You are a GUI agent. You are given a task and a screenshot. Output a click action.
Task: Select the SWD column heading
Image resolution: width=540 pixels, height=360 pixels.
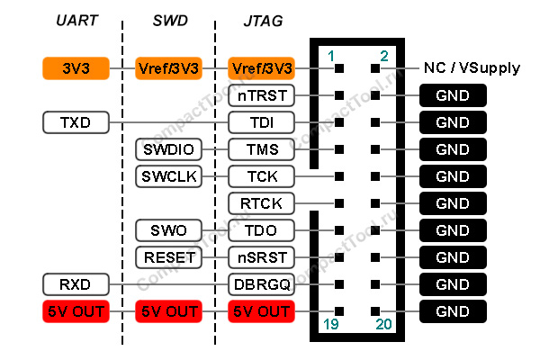(x=169, y=20)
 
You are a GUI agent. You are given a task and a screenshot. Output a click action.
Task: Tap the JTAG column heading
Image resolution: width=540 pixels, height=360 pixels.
(x=261, y=20)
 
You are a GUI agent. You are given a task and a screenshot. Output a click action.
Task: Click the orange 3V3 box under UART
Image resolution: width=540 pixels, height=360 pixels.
(x=75, y=67)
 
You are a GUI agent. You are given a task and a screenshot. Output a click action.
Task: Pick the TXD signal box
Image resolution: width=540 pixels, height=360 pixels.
(x=75, y=121)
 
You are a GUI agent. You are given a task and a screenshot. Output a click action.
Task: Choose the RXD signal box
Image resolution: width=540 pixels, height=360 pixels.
(x=75, y=285)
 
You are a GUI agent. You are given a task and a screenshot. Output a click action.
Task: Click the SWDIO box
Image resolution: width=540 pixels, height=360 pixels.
(x=169, y=148)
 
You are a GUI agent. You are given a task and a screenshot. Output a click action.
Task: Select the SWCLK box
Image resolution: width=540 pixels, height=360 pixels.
(x=169, y=176)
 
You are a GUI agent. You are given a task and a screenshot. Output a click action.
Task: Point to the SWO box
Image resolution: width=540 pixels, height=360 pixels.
(x=169, y=230)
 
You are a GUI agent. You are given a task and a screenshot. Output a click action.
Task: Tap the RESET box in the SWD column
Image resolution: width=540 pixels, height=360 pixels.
(x=169, y=258)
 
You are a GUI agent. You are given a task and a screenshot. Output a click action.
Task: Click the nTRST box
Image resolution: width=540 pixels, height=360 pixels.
(x=261, y=94)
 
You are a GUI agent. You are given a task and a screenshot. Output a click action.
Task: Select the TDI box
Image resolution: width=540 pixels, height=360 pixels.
(x=261, y=121)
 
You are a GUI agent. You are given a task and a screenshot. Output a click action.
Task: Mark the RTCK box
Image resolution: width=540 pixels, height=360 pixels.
(x=261, y=203)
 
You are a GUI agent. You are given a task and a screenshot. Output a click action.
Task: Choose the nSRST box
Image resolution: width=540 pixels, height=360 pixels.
(x=261, y=258)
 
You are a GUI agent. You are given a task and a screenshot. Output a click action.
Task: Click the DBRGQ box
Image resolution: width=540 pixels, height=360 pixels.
(x=261, y=285)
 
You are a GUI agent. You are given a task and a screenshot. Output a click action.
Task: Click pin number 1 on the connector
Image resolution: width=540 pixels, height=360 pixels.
(x=330, y=55)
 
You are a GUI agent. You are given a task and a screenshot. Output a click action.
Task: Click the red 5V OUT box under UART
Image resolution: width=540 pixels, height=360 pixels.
(x=75, y=312)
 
